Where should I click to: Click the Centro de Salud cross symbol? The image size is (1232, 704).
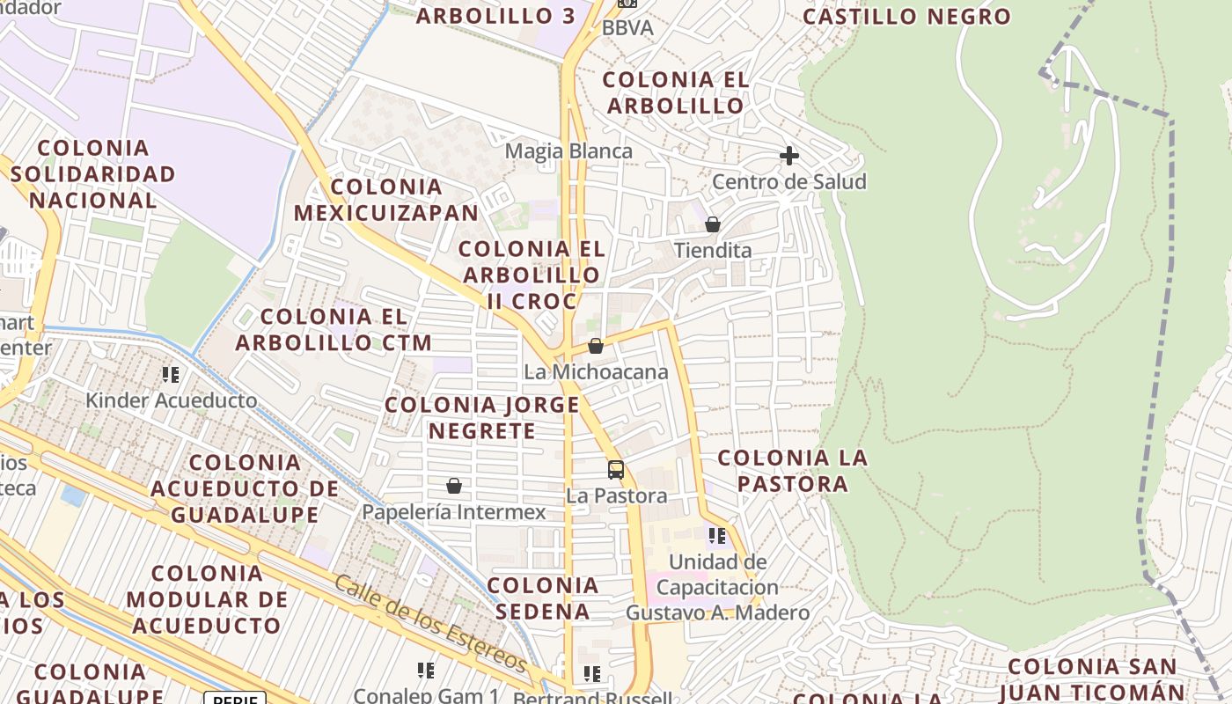[789, 157]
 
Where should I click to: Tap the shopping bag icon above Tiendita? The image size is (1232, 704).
[713, 224]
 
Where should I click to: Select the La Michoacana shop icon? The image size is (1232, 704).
[596, 346]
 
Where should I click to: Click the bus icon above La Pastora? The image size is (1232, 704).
[616, 470]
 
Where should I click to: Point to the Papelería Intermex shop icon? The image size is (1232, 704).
[454, 486]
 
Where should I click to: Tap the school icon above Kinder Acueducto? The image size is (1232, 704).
[171, 375]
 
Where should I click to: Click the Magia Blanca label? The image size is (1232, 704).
[568, 151]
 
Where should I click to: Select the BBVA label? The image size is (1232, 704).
[627, 28]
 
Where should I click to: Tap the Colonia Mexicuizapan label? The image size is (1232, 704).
[386, 200]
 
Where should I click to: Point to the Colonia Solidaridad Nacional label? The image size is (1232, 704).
[93, 173]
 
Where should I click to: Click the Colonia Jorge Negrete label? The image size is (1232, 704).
[482, 418]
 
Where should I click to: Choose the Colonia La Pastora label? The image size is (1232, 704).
[793, 471]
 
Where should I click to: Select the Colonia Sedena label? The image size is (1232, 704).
[543, 598]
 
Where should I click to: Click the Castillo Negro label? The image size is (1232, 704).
[907, 17]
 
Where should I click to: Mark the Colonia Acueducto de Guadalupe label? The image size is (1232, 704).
[245, 488]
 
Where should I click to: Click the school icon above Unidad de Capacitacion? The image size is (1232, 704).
[717, 535]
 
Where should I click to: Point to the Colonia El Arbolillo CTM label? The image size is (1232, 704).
[334, 330]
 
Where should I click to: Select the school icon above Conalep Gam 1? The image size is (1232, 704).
[426, 671]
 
